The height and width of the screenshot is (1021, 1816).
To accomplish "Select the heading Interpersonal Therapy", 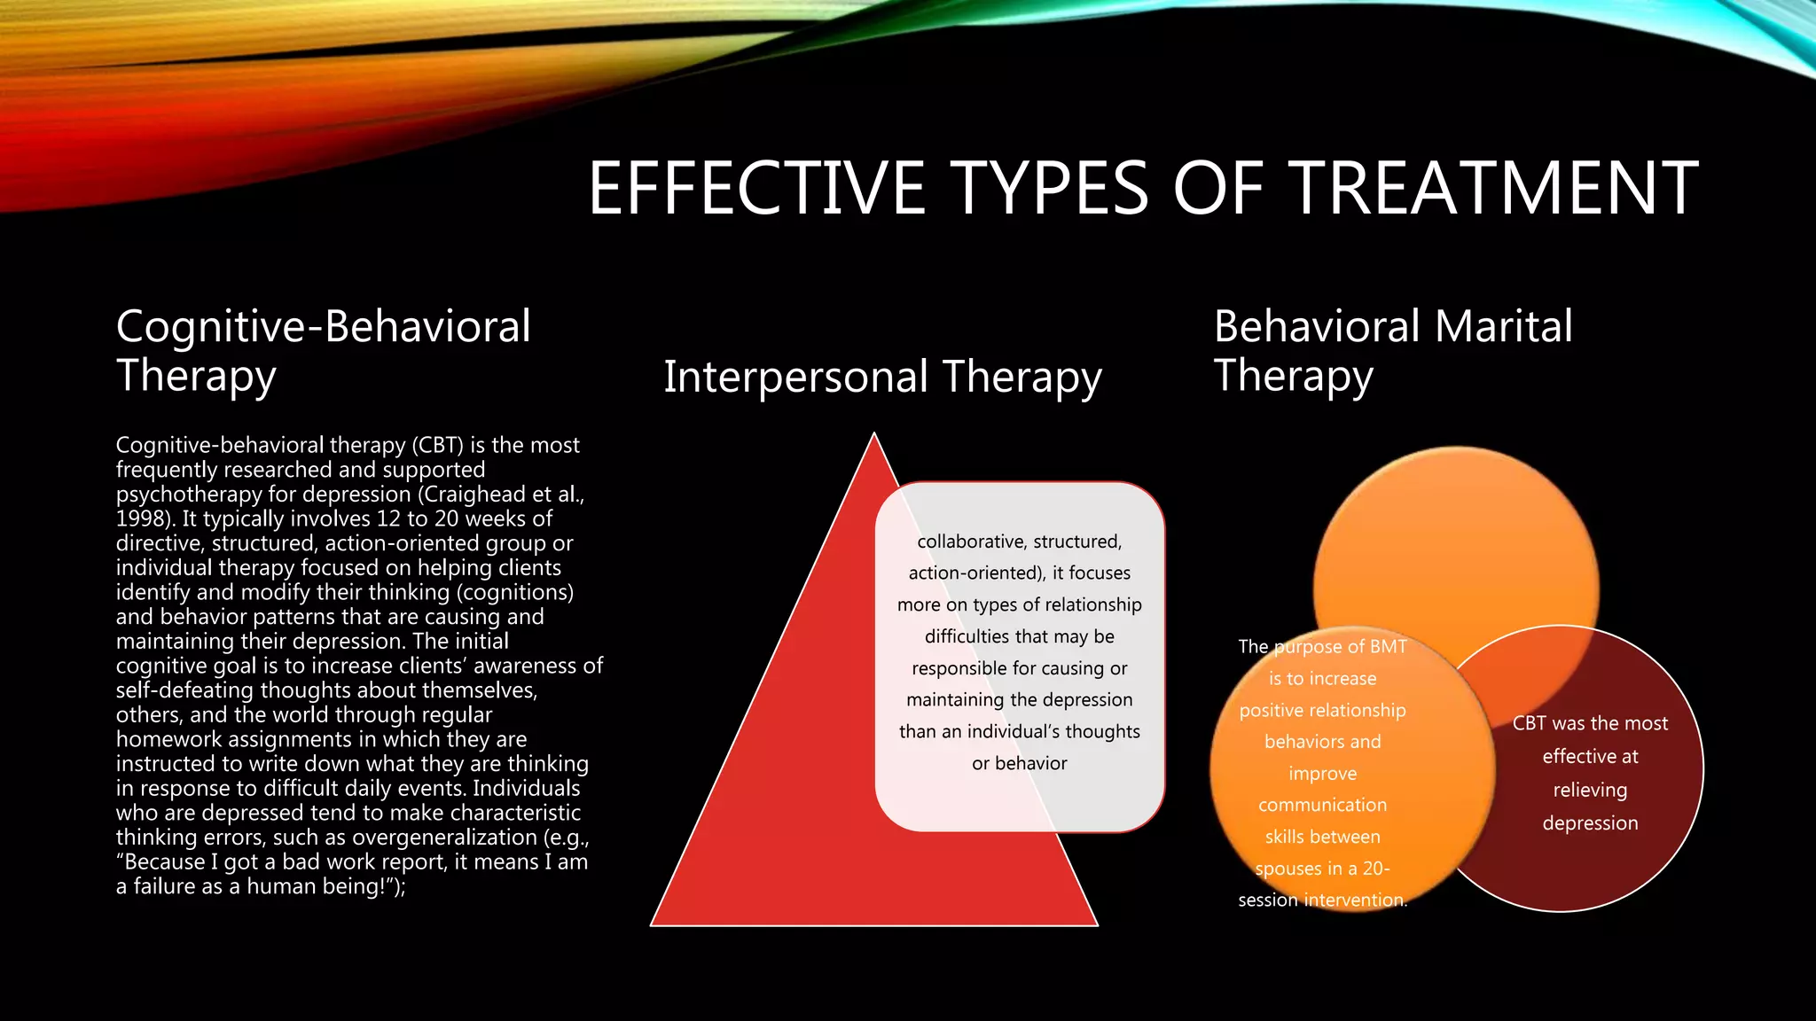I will [882, 377].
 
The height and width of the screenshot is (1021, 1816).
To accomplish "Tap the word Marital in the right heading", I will [1504, 326].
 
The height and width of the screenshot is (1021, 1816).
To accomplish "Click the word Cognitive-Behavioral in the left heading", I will [323, 326].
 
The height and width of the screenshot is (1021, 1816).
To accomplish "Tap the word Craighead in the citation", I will [474, 495].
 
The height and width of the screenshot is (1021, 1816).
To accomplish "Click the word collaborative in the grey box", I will [969, 542].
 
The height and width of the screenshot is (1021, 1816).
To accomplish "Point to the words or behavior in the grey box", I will [1019, 763].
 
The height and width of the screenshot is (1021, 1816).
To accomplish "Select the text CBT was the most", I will [1590, 723].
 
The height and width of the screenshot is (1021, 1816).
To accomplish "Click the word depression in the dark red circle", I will [1590, 823].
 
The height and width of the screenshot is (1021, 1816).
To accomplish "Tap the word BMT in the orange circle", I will [1388, 647].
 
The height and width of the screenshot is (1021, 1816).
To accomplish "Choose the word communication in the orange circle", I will [1322, 805].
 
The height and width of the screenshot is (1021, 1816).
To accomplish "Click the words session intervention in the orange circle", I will [1322, 900].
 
